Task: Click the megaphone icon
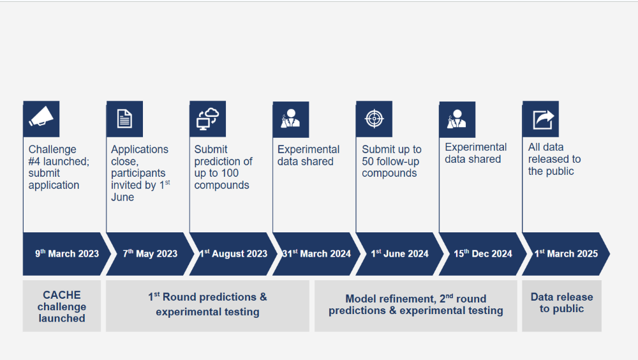41,117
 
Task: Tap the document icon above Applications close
124,119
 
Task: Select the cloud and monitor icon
207,119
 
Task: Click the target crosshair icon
375,119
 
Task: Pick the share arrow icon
543,119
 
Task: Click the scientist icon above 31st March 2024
290,119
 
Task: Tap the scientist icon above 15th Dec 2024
457,119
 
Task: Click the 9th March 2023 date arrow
67,253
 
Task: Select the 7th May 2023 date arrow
150,253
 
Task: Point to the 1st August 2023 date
233,253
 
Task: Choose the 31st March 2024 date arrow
316,253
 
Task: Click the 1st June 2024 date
399,253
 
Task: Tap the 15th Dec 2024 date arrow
483,253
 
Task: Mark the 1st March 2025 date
567,253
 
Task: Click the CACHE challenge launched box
62,306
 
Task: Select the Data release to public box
561,306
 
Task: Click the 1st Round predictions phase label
207,304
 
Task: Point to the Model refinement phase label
416,304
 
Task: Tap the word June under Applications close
122,197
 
